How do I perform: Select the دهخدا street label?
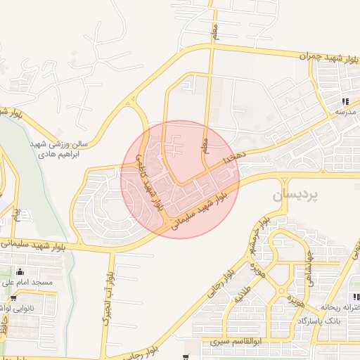coord(233,160)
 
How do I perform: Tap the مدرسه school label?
coord(345,112)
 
